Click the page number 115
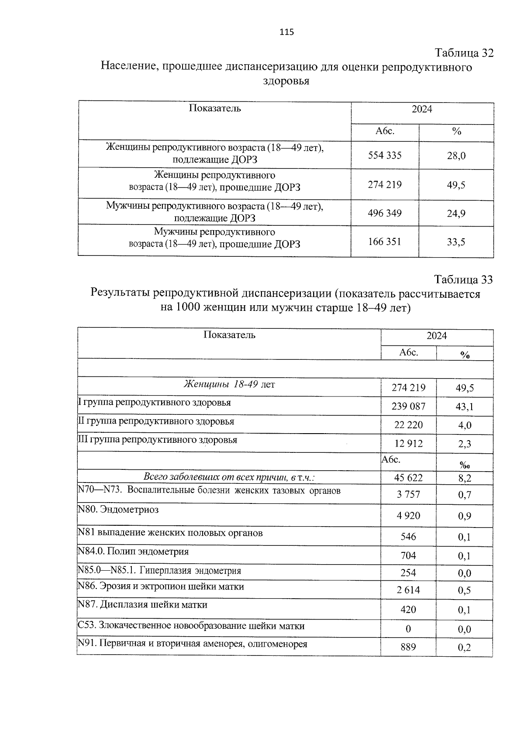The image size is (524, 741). point(286,32)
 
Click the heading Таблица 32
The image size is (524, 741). point(464,53)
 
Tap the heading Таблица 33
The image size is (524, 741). point(463,279)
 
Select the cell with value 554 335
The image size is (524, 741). point(384,155)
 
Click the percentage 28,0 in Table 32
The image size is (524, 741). point(456,155)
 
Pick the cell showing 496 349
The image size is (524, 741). point(384,213)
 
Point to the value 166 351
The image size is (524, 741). point(384,241)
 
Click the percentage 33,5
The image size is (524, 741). point(456,242)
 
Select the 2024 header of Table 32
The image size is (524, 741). point(422,109)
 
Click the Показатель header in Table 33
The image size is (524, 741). point(229,335)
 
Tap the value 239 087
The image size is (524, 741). point(408,407)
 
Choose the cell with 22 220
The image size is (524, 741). point(408,425)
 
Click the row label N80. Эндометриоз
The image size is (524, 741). point(118,510)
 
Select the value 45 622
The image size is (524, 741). point(408,478)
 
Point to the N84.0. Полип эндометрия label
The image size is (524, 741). point(133,551)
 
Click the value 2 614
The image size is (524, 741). point(408,590)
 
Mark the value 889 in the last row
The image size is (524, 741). point(408,647)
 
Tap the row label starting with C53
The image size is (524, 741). point(191,626)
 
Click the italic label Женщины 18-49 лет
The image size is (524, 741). point(229,385)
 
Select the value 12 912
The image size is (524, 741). point(408,444)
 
